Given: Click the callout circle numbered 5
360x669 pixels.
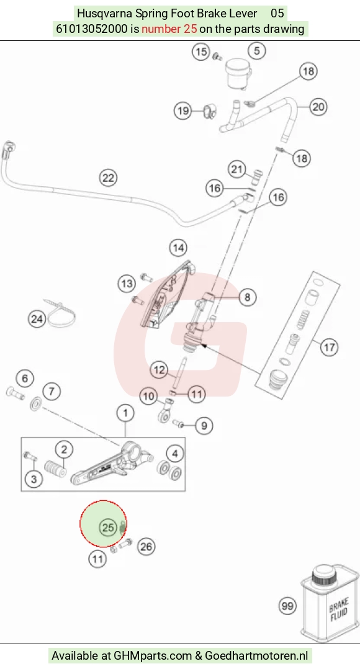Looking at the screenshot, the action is [257, 51].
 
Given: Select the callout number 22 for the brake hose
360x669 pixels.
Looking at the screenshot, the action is [108, 177].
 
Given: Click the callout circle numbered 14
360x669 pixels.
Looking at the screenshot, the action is [178, 248].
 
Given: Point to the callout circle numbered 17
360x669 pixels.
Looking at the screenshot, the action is [330, 347].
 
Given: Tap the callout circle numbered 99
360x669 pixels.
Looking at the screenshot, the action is [288, 606].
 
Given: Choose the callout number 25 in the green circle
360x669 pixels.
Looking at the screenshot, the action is [108, 528].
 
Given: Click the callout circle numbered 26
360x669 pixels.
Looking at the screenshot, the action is [146, 547].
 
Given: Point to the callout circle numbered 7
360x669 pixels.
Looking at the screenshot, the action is [52, 391].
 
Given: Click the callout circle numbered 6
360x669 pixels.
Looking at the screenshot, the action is [25, 378].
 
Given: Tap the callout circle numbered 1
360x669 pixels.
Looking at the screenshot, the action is [125, 413].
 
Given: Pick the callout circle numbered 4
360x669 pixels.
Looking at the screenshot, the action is [175, 454].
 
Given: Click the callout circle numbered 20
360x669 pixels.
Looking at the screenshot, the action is [318, 107].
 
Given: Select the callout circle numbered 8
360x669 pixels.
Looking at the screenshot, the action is [248, 297].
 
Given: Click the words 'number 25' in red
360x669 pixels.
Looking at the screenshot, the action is [169, 29].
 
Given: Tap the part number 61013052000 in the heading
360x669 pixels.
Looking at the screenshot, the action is [92, 29].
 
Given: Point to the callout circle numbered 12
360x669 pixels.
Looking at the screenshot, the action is [159, 369].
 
